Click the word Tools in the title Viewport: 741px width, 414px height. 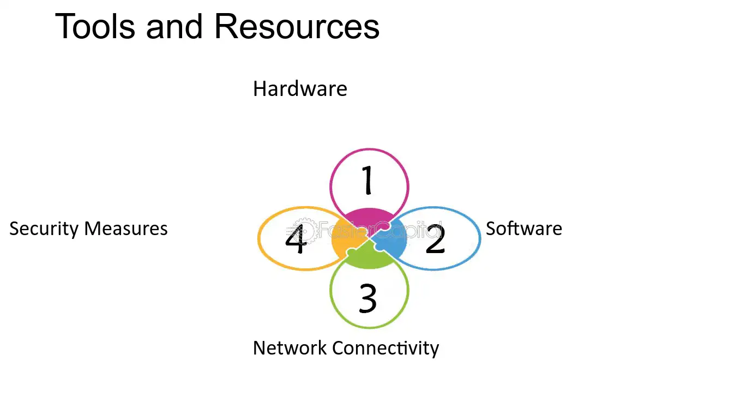click(95, 26)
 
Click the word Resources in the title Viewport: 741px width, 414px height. click(297, 26)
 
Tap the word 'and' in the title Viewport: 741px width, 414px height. click(174, 26)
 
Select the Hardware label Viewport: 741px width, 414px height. click(300, 89)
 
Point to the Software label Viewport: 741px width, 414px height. click(524, 229)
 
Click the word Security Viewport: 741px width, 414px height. click(44, 229)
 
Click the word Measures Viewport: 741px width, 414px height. click(126, 229)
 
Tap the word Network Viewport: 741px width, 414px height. click(290, 348)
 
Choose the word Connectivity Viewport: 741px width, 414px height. click(385, 349)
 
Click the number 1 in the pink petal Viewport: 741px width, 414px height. click(367, 180)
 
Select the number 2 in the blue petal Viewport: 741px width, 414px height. click(435, 239)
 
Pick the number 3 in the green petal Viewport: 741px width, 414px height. click(368, 298)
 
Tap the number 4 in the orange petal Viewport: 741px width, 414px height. click(296, 239)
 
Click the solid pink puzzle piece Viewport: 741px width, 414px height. click(369, 219)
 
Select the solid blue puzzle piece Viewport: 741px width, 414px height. click(390, 239)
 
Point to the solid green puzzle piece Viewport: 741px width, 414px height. click(369, 256)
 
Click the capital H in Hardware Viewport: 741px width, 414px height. click(260, 89)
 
